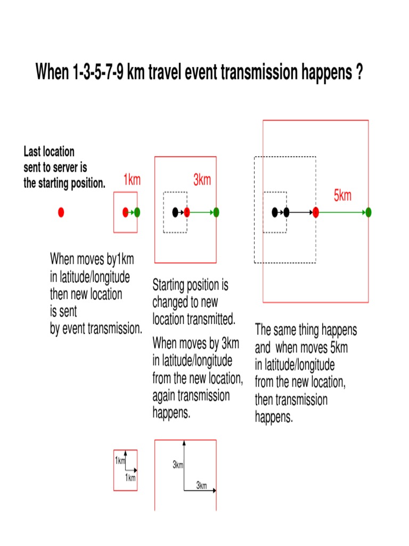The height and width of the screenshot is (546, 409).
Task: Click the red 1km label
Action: [x=132, y=180]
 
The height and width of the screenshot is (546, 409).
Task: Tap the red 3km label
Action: [x=202, y=180]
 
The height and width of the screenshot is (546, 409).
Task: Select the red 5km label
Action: [x=342, y=196]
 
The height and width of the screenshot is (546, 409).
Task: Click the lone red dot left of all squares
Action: [x=61, y=212]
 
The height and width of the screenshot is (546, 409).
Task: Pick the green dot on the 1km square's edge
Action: [x=137, y=212]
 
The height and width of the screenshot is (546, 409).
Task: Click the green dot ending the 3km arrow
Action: [x=216, y=212]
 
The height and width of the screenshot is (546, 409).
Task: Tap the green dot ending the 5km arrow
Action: [x=369, y=212]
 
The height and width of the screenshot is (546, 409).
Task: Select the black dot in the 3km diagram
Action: [x=175, y=212]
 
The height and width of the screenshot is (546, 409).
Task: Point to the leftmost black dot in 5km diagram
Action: [x=275, y=212]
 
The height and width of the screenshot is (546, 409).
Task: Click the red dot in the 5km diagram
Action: [x=316, y=212]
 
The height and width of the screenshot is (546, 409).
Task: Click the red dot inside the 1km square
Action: [x=126, y=212]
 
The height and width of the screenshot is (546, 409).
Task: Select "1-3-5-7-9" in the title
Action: [x=98, y=72]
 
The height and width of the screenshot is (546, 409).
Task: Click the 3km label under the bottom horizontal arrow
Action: [x=201, y=486]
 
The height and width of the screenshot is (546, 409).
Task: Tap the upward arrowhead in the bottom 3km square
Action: [x=184, y=442]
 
